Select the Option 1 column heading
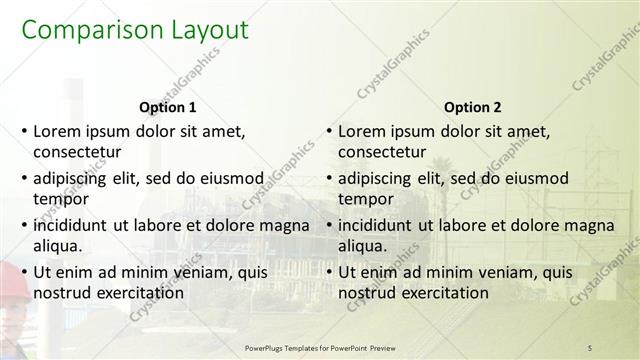166,107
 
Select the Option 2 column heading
471,107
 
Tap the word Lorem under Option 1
59,131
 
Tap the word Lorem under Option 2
364,131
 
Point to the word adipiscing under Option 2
374,178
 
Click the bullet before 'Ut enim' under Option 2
328,272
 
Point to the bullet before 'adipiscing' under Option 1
23,178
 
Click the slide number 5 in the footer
590,346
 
